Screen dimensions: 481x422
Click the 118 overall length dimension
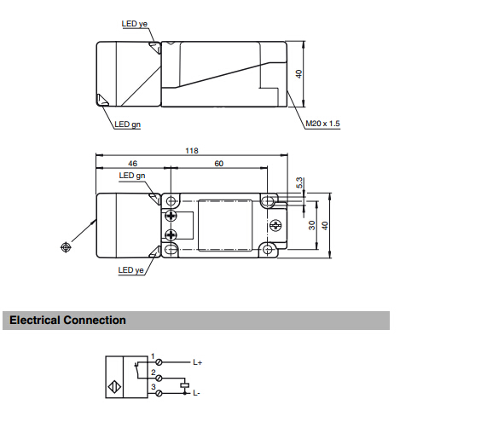pyautogui.click(x=192, y=151)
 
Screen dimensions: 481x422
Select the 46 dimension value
pyautogui.click(x=132, y=164)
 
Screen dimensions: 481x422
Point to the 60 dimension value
pyautogui.click(x=218, y=164)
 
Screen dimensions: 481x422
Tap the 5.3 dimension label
pyautogui.click(x=299, y=182)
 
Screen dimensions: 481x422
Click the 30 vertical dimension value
pyautogui.click(x=311, y=225)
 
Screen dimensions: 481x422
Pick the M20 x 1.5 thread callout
pyautogui.click(x=322, y=124)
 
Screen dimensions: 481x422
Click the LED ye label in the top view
pyautogui.click(x=135, y=24)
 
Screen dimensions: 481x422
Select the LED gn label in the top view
pyautogui.click(x=127, y=124)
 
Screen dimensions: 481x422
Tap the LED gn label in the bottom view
pyautogui.click(x=132, y=176)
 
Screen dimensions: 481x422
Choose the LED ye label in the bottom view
pyautogui.click(x=130, y=270)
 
